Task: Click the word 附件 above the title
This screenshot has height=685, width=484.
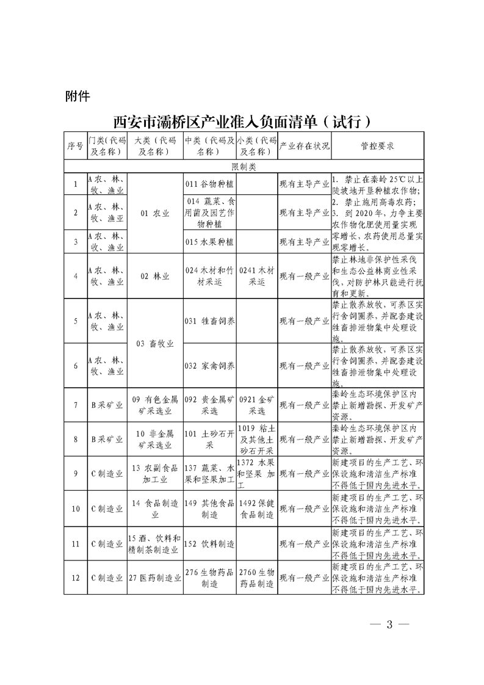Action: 78,96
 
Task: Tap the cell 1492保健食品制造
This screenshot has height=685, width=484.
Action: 257,509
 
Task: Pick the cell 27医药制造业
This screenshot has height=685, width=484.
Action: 155,578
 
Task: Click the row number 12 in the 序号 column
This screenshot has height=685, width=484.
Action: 75,578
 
